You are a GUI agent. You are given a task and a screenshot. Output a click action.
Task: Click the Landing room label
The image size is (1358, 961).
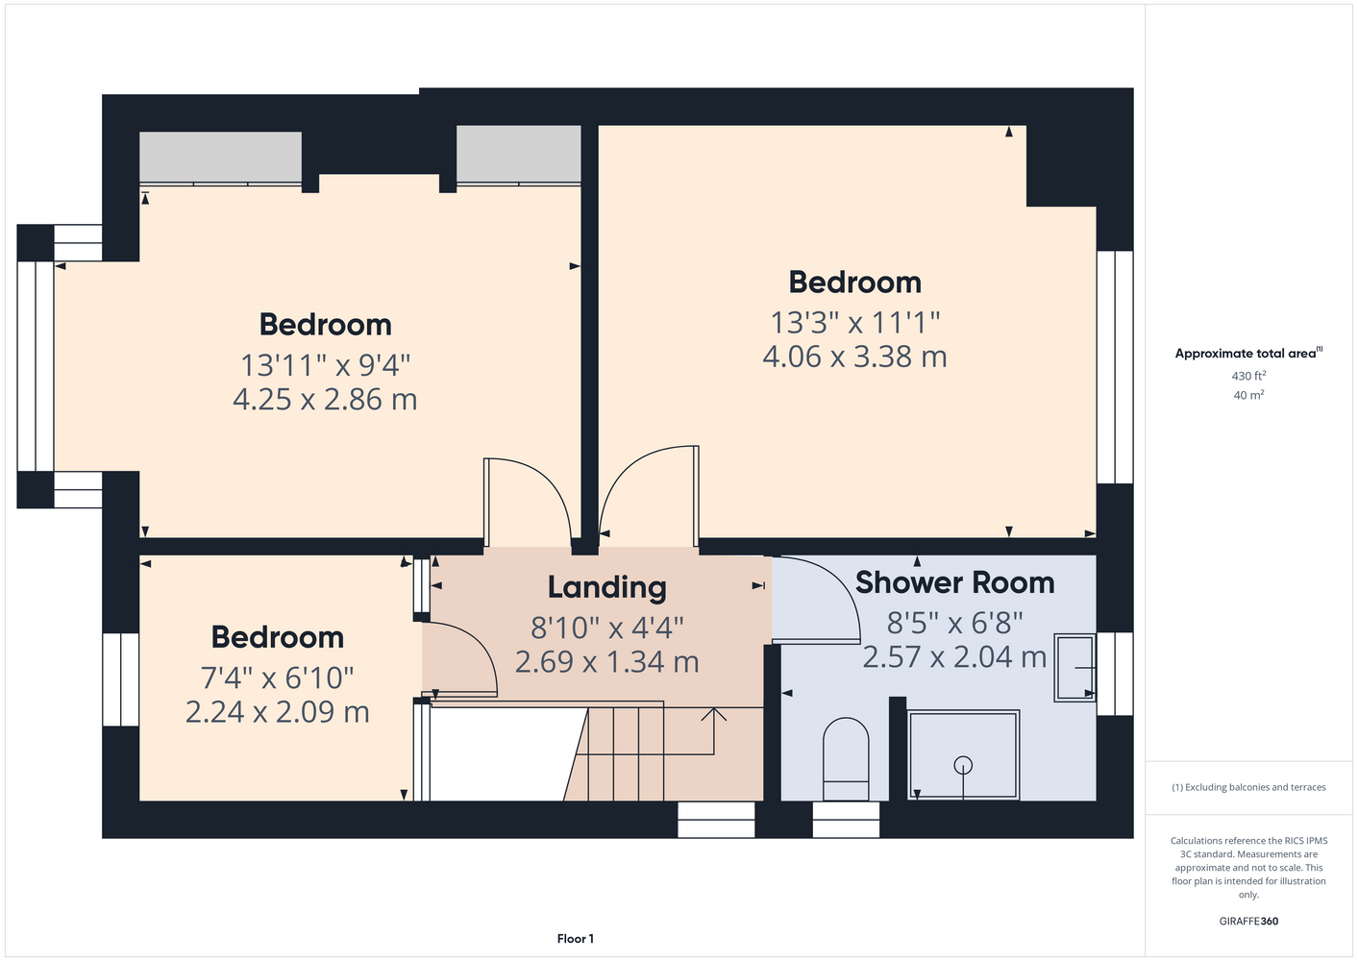pyautogui.click(x=606, y=587)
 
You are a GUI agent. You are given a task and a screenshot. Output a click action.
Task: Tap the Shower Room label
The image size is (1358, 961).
pyautogui.click(x=955, y=582)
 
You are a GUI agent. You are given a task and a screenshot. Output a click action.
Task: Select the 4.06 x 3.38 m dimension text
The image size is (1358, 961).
pyautogui.click(x=854, y=357)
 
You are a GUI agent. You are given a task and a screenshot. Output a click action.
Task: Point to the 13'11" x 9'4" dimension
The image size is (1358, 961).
pyautogui.click(x=326, y=365)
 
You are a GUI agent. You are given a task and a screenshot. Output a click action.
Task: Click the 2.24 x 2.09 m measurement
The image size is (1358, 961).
pyautogui.click(x=277, y=712)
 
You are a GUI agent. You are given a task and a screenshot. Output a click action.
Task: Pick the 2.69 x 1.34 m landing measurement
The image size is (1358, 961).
pyautogui.click(x=606, y=661)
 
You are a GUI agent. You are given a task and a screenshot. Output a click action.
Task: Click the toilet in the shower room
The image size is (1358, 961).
pyautogui.click(x=846, y=759)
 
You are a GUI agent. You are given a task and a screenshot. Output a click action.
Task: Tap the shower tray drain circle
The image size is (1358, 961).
pyautogui.click(x=963, y=766)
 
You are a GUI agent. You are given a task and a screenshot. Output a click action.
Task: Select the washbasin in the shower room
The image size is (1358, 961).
pyautogui.click(x=1074, y=668)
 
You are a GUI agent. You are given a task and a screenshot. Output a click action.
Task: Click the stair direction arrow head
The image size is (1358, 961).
pyautogui.click(x=714, y=714)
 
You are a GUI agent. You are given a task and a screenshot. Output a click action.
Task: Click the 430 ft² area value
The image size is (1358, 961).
pyautogui.click(x=1248, y=376)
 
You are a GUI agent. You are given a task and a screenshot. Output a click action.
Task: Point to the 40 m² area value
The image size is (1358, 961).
pyautogui.click(x=1248, y=395)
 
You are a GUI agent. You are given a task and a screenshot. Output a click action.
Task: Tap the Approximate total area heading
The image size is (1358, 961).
pyautogui.click(x=1248, y=353)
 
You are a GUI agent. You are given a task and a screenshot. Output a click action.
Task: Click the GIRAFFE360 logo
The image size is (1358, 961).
pyautogui.click(x=1248, y=921)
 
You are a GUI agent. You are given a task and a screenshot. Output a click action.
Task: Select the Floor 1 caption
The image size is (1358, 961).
pyautogui.click(x=576, y=939)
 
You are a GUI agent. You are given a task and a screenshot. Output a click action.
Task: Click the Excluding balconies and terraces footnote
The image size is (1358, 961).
pyautogui.click(x=1248, y=787)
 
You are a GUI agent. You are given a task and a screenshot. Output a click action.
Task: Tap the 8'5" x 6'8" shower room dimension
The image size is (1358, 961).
pyautogui.click(x=955, y=622)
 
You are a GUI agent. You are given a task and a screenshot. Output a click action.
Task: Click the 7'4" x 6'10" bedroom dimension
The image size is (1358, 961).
pyautogui.click(x=277, y=678)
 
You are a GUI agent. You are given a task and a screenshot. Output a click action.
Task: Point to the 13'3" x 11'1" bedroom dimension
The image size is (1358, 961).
pyautogui.click(x=854, y=323)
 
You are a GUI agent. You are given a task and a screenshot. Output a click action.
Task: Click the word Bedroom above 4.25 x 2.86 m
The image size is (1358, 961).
pyautogui.click(x=326, y=325)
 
